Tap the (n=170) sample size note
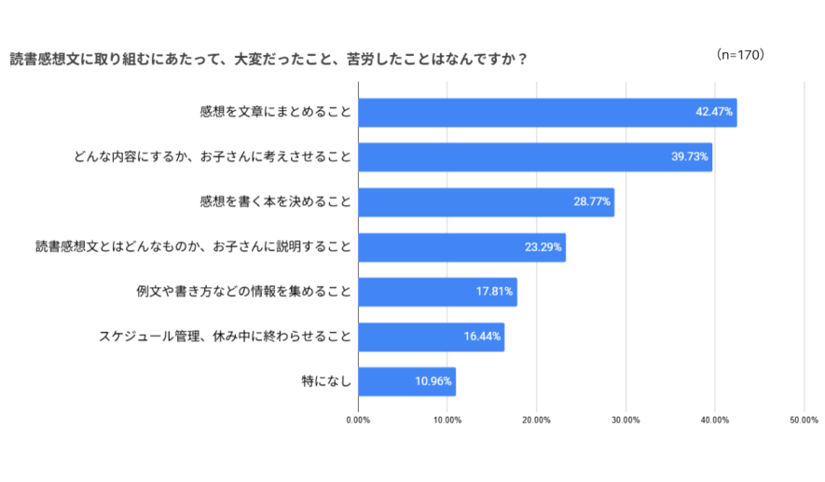click(x=741, y=55)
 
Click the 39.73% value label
click(x=691, y=157)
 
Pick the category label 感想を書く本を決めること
click(x=275, y=202)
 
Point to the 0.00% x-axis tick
click(x=358, y=420)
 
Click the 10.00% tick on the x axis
click(x=447, y=420)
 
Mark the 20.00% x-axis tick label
click(x=537, y=420)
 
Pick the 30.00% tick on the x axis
click(x=626, y=420)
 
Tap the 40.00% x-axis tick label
click(x=715, y=420)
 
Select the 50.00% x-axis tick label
click(x=804, y=420)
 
